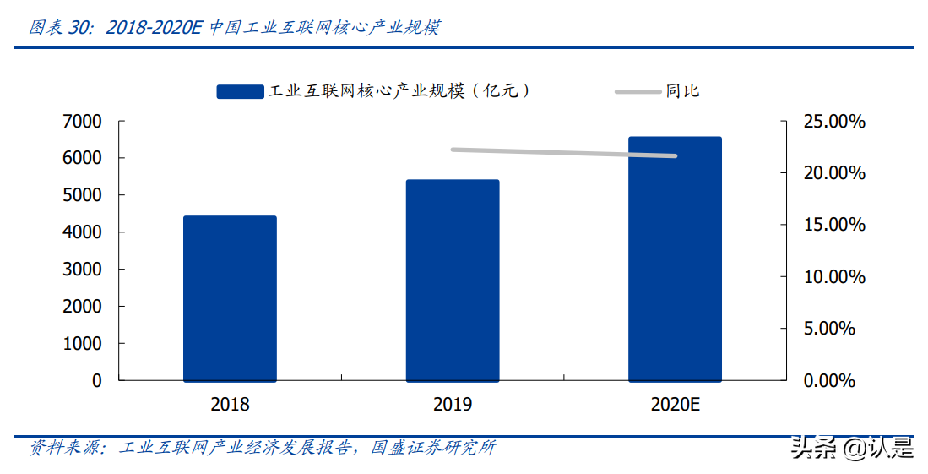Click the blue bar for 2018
(x=230, y=298)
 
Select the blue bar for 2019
(x=453, y=281)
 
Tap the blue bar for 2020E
(x=675, y=259)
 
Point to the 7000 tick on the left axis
(x=82, y=122)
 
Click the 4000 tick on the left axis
(x=82, y=232)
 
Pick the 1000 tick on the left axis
(x=82, y=344)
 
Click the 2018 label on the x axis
(x=230, y=405)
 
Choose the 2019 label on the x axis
(x=453, y=405)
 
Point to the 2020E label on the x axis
(x=676, y=405)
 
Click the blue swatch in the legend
(x=240, y=91)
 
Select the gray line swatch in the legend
(x=637, y=91)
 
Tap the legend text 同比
(x=682, y=91)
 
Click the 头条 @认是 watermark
(x=852, y=447)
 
